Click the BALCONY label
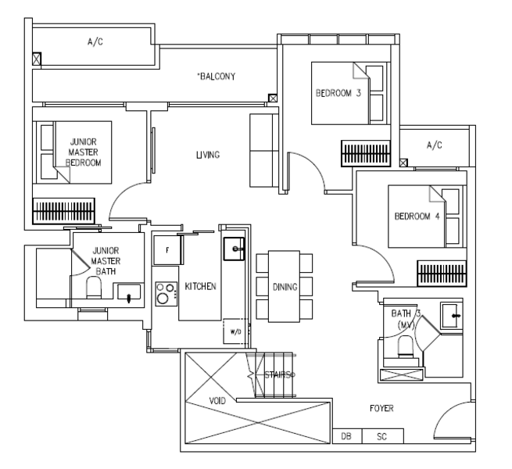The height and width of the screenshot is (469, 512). coord(216,77)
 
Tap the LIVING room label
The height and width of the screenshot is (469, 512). coord(208,155)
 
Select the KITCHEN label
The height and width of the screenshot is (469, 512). coord(200,286)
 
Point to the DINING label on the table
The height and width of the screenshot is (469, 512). coord(285,287)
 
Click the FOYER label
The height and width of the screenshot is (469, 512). coord(381,408)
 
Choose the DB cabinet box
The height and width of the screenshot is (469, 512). coord(347,436)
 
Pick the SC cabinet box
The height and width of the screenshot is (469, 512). coord(383,436)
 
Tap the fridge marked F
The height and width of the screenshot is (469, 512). coord(167,250)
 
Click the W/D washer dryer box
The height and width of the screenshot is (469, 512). coord(235,331)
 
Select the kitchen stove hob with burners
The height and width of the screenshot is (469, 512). coord(166,294)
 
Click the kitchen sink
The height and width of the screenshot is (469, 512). coord(234,249)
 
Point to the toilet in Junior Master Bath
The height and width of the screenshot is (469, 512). coord(94,287)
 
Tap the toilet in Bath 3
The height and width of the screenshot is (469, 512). coord(405,345)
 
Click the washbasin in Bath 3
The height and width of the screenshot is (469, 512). coord(451,316)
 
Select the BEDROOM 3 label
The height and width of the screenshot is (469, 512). coord(338,93)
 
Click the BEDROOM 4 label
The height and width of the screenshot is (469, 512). coord(417,217)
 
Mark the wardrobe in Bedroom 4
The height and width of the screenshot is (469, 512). coord(442,274)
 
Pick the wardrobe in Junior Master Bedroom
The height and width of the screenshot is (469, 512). coord(63,211)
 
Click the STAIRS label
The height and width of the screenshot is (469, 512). coord(278,374)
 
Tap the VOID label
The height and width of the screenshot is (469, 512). coord(217,400)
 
